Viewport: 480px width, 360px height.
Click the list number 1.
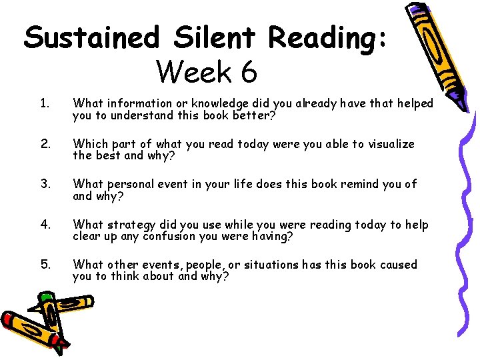(x=44, y=103)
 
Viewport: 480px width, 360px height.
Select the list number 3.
(x=44, y=184)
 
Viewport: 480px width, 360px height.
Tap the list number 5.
(x=44, y=265)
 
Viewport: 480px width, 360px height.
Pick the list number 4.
(x=44, y=225)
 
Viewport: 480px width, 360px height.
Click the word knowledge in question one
(x=214, y=104)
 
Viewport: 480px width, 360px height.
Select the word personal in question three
(x=129, y=185)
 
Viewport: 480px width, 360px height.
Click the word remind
(x=361, y=184)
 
